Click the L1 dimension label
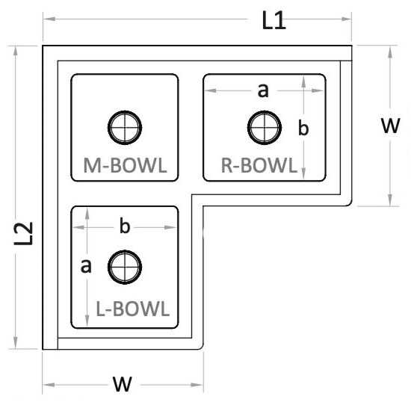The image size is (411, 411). point(274,20)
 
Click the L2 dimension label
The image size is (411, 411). point(24,234)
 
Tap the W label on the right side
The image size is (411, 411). point(391,126)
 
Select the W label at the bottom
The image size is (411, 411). point(123,384)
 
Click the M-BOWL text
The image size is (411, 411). point(125,165)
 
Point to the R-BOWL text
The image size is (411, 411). point(259,165)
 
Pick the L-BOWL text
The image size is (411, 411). point(132,309)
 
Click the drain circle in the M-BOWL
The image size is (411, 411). point(125,128)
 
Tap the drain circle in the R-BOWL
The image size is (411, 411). point(265,128)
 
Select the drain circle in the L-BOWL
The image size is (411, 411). point(125,267)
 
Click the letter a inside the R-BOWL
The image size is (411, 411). point(264,90)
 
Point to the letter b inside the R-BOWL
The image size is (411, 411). point(303,129)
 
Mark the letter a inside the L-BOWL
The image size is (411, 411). point(86,266)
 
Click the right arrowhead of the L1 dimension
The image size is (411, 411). point(346,19)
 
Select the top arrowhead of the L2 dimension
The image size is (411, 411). point(16,51)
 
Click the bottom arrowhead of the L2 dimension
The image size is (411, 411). point(16,344)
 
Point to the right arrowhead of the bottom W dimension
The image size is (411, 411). point(197,385)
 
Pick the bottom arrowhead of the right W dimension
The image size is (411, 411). point(390,200)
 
